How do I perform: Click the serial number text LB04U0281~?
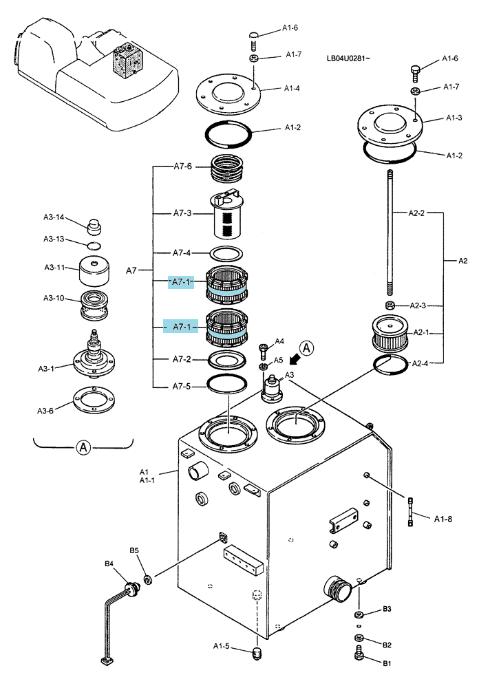coord(348,58)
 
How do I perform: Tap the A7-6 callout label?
coord(182,166)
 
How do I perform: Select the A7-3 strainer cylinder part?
coord(226,214)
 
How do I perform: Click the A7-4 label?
coord(182,252)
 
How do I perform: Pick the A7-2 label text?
coord(182,359)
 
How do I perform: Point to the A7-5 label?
coord(182,387)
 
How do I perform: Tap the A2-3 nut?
coord(390,305)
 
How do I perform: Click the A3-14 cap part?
coord(94,226)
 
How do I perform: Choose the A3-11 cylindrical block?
coord(94,271)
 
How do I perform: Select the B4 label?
coord(109,563)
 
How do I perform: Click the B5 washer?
coord(147,581)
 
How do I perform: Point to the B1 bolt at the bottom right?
coord(359,653)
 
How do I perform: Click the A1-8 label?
coord(443,519)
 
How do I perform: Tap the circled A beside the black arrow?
coord(308,348)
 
